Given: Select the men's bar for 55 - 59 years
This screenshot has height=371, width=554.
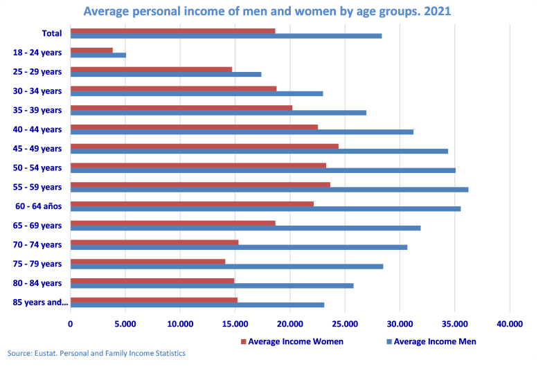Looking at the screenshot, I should click(269, 190).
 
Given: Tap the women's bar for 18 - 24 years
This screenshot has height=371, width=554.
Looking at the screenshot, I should click(91, 50).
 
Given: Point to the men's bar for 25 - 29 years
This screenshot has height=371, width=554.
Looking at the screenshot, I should click(166, 74).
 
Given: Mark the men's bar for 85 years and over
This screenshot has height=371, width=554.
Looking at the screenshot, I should click(197, 305).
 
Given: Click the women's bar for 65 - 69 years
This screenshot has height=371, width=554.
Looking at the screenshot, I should click(172, 223).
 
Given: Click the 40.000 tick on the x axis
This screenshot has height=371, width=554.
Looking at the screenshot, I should click(510, 323).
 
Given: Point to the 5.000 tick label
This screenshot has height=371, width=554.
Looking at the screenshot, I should click(125, 323).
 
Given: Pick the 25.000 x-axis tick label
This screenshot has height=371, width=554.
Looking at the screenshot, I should click(345, 323).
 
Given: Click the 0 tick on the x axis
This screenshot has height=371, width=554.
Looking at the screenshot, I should click(71, 323).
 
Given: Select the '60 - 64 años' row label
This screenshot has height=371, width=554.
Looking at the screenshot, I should click(38, 206).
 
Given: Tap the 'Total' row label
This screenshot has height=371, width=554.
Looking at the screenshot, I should click(51, 33).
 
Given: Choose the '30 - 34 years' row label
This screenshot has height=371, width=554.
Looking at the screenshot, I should click(37, 91).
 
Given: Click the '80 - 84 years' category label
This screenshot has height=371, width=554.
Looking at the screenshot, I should click(37, 282).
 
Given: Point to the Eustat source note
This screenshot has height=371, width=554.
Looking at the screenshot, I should click(96, 354).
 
